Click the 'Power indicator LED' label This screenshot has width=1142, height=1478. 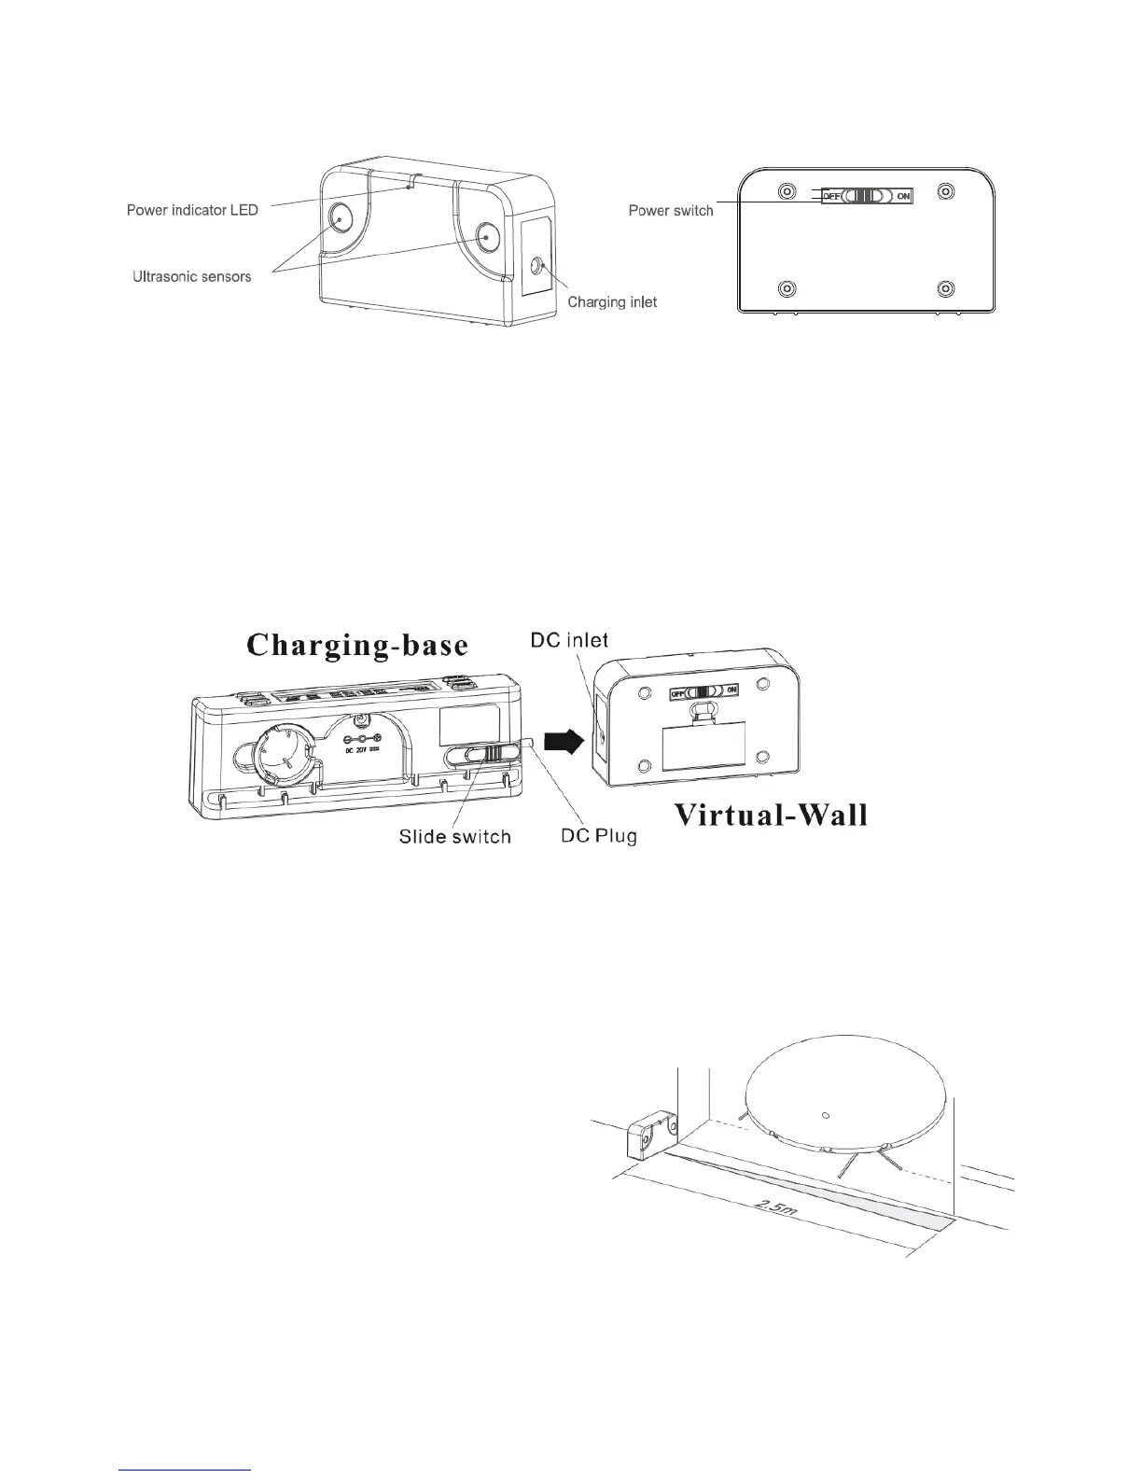(192, 210)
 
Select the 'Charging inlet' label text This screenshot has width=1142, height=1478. (612, 301)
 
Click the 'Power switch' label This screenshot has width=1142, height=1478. (671, 211)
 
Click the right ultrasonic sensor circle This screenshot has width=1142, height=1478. (487, 236)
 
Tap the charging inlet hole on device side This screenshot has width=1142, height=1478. (536, 266)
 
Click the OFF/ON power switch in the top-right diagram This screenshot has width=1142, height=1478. (866, 196)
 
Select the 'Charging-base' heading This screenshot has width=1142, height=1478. (357, 647)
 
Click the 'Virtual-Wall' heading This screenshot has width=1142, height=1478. (771, 816)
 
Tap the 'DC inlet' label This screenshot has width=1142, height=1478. (569, 640)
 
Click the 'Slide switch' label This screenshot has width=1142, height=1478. (455, 836)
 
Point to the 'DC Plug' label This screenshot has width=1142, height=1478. (599, 836)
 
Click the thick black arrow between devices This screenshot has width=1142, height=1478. (564, 742)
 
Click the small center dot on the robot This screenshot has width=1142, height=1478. (825, 1115)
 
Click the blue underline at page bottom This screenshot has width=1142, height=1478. (187, 1471)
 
